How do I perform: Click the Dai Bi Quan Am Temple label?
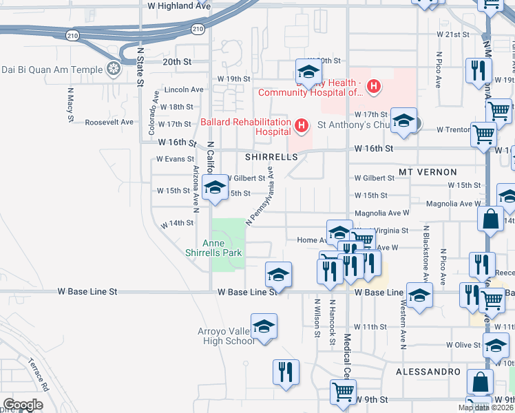coord(51,69)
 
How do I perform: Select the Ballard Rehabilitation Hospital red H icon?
coord(301,125)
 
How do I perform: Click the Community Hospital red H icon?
coord(373,87)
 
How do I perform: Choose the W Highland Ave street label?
coord(179,5)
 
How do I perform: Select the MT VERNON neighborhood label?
coord(428,171)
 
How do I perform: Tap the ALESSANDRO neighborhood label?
coord(428,372)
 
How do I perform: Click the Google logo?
coord(23,404)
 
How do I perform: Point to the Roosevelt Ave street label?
coord(109,122)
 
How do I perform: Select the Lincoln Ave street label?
coord(185,89)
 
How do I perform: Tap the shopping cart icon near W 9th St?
coord(343,391)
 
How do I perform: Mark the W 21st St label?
coord(452,34)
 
